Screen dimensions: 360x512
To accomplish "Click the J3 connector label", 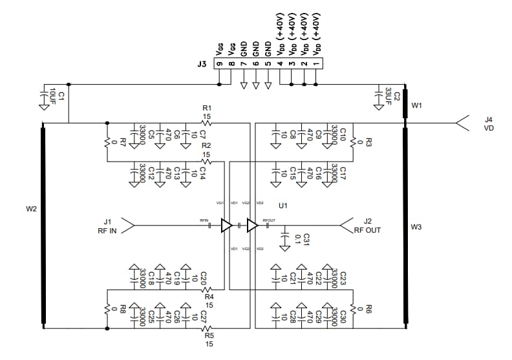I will (202, 64).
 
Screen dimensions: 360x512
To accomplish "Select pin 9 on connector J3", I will (220, 64).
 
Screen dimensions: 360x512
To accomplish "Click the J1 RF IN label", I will (107, 226).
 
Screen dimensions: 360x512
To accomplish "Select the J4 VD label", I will (489, 123).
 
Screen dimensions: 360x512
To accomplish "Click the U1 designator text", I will (282, 206).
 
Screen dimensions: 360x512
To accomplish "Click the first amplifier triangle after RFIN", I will (226, 226).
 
